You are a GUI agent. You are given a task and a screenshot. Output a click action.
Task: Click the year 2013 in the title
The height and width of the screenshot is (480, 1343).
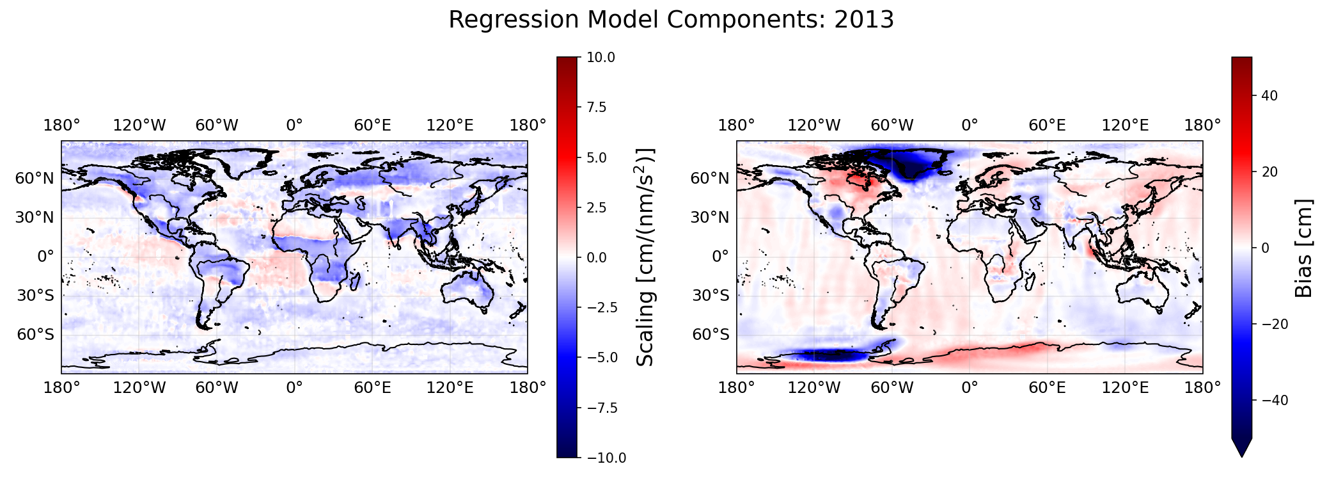click(864, 20)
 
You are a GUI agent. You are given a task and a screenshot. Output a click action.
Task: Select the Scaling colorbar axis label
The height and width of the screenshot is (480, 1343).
click(647, 257)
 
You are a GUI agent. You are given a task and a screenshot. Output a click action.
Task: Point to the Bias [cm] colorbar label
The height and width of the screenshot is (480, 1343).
click(1303, 248)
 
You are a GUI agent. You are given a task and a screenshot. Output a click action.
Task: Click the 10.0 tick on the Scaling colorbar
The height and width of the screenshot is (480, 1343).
click(601, 58)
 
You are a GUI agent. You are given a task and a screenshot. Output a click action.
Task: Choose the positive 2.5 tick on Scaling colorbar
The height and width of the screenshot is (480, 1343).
click(597, 207)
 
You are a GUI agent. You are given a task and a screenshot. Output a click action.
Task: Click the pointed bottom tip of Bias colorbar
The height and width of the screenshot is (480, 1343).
click(1241, 457)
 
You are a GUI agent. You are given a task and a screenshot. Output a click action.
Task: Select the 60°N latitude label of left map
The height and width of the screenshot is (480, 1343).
click(35, 179)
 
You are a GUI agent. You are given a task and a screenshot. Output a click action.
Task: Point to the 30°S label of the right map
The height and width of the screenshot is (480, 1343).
click(711, 296)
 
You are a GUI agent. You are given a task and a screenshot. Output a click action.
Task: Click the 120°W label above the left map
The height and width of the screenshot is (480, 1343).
click(139, 125)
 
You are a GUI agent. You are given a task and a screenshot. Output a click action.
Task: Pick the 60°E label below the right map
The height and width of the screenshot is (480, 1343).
click(1047, 388)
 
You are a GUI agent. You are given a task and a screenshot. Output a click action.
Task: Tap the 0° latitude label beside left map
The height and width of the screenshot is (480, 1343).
click(46, 257)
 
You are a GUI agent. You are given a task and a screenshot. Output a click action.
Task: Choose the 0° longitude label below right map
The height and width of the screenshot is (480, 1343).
click(970, 388)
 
